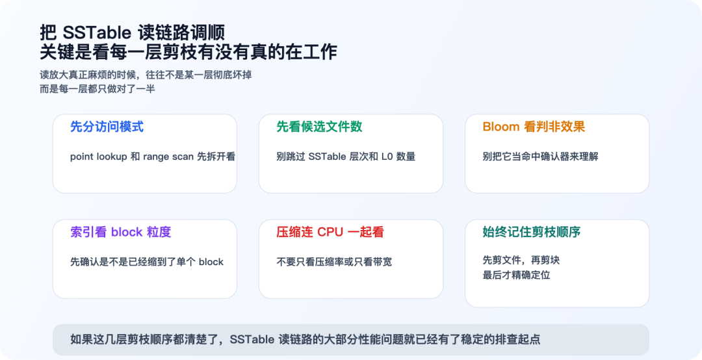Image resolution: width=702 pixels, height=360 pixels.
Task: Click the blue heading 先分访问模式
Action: coord(107,127)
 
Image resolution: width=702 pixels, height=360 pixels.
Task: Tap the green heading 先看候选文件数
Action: coord(319,127)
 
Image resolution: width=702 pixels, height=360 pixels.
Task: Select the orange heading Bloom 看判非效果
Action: coord(534,127)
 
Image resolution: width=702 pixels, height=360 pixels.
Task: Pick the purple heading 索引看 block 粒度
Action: coord(120,232)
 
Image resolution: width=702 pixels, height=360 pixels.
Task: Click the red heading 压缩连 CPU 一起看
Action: coord(330,232)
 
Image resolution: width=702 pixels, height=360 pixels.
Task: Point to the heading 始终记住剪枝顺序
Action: coord(531,232)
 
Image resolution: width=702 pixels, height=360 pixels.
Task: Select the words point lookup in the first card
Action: coord(98,157)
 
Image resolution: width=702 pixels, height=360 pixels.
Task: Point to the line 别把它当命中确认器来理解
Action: coord(540,157)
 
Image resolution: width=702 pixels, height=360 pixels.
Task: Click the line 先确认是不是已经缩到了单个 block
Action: coord(147,262)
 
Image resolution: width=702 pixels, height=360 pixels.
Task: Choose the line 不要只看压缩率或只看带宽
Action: coord(334,262)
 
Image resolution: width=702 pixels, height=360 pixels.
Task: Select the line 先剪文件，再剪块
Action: coord(521,260)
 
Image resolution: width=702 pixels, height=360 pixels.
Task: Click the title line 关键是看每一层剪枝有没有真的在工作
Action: coord(188,52)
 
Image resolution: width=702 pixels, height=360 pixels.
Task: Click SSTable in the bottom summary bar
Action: coord(252,339)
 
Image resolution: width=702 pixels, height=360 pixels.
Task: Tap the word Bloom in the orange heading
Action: coord(500,127)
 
